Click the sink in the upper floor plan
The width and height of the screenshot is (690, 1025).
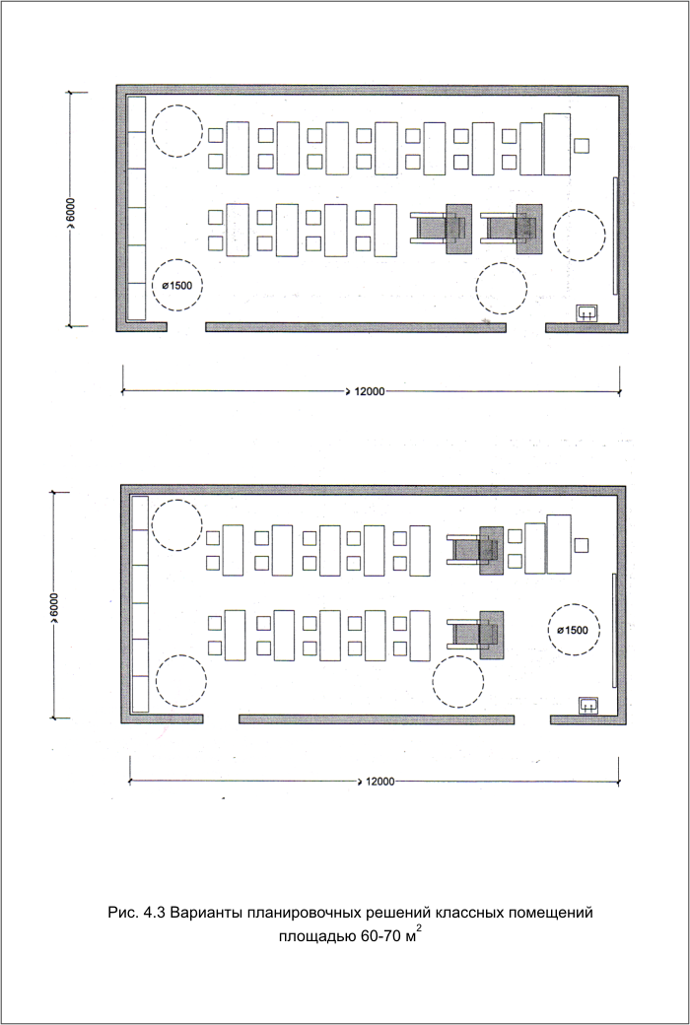[x=586, y=313]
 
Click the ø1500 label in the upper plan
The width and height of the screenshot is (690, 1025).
[x=177, y=286]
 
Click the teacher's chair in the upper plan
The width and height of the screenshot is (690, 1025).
[x=583, y=145]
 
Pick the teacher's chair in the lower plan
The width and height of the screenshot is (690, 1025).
[x=581, y=544]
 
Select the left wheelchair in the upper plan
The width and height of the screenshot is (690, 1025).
[x=440, y=229]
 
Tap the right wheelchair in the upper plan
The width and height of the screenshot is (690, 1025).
[x=511, y=229]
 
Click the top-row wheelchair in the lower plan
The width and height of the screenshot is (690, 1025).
[x=475, y=550]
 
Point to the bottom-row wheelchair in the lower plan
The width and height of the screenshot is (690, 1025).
[x=475, y=635]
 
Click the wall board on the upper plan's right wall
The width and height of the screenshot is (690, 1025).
[x=615, y=236]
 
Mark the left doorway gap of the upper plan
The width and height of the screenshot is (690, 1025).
[x=186, y=327]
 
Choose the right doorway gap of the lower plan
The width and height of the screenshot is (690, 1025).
[x=531, y=719]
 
